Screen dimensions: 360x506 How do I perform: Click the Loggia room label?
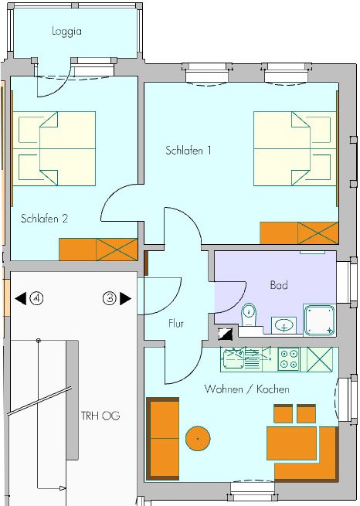click(x=66, y=32)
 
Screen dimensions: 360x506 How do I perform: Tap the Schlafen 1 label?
click(x=188, y=151)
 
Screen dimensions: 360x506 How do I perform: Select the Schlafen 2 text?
click(x=45, y=219)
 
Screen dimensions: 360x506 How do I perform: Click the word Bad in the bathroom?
click(x=279, y=285)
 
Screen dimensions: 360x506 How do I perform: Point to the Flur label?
click(x=176, y=324)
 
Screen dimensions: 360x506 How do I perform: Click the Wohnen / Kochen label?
click(x=246, y=389)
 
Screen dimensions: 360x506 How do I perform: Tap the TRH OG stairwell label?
click(x=100, y=416)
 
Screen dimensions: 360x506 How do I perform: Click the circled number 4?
click(x=36, y=298)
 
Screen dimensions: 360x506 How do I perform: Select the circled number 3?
click(x=110, y=298)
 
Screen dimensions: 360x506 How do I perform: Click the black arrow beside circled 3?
click(x=125, y=298)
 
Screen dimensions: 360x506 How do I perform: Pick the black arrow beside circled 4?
click(x=21, y=298)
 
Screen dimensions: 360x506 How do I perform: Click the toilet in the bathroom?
click(x=249, y=315)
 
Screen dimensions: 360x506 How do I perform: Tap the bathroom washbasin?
click(x=284, y=324)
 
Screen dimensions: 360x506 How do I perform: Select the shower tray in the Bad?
click(x=319, y=320)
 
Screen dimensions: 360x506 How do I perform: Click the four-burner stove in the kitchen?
click(x=289, y=359)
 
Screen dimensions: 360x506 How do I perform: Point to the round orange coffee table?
click(x=198, y=439)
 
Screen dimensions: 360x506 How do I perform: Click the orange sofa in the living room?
click(x=163, y=439)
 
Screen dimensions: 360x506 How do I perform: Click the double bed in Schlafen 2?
click(x=54, y=148)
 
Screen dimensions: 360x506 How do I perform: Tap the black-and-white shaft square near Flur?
click(x=225, y=334)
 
